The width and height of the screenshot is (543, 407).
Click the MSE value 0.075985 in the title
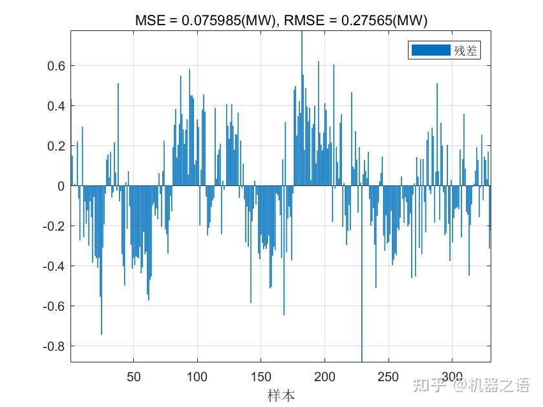point(211,21)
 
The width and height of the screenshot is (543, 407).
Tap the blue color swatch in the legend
point(431,50)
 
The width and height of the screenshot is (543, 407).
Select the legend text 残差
point(465,50)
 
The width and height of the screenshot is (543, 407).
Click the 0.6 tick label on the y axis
point(56,66)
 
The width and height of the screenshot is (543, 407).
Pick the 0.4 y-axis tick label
point(56,106)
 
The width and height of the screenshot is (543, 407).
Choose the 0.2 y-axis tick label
point(56,146)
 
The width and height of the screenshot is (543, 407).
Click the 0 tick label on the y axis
point(61,186)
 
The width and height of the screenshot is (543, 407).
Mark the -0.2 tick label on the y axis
point(54,226)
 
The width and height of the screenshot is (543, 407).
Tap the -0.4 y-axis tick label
point(54,266)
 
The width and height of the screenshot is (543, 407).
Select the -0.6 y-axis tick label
point(54,306)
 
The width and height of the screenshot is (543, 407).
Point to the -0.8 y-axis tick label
point(54,346)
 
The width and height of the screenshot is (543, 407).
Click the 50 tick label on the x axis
point(134,377)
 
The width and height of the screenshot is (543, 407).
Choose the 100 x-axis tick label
point(197,377)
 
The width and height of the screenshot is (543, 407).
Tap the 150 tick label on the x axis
point(261,377)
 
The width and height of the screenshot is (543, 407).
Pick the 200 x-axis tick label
point(325,377)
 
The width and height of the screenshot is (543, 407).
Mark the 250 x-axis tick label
point(389,377)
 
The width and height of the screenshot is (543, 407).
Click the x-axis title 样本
point(281,395)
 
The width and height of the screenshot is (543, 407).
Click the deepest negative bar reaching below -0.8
point(362,274)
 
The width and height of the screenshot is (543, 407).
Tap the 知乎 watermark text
point(429,385)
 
